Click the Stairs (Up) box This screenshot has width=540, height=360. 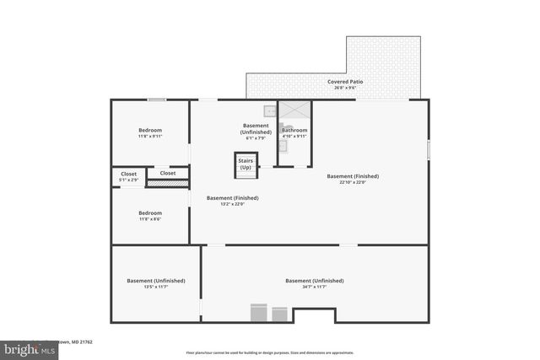[x=246, y=164]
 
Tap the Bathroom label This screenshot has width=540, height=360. [x=294, y=131]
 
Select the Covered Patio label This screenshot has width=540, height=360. [x=344, y=82]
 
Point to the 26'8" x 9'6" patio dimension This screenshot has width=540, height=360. [x=344, y=88]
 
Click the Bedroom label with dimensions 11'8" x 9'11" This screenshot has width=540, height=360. [x=150, y=130]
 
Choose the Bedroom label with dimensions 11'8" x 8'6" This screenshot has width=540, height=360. [x=150, y=213]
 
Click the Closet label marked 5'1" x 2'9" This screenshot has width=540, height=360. [x=128, y=174]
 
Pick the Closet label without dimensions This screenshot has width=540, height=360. [x=168, y=173]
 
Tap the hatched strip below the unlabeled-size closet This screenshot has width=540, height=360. [x=168, y=182]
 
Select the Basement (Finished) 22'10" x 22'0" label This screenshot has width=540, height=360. [x=353, y=176]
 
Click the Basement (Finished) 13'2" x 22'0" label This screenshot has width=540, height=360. [x=232, y=198]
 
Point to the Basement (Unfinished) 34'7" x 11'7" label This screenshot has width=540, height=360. [x=314, y=281]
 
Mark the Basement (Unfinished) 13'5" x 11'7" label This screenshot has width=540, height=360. [x=156, y=281]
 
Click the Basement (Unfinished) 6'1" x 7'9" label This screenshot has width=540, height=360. [x=256, y=129]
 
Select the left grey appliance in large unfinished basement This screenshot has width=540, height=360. [x=259, y=314]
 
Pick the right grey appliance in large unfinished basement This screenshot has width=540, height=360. [x=279, y=314]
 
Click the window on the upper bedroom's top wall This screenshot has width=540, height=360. [x=156, y=100]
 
